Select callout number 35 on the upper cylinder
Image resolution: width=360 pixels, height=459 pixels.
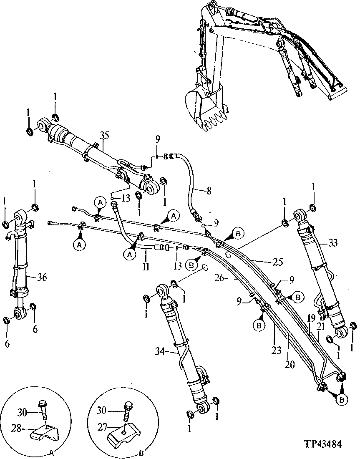[104, 135]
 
